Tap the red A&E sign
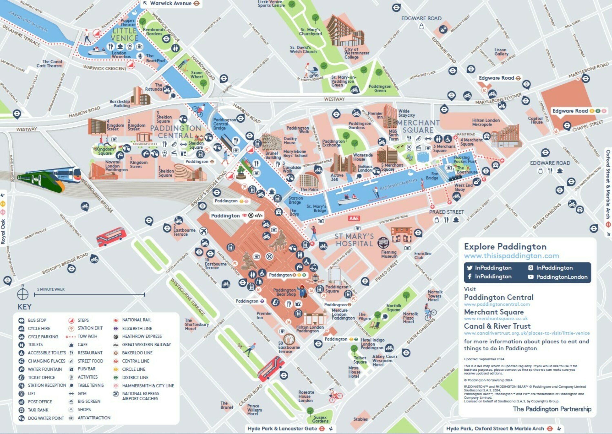[354, 218]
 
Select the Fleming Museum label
[389, 254]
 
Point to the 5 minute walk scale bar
[89, 295]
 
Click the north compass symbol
[23, 294]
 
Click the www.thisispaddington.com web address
[511, 256]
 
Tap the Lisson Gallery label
[501, 52]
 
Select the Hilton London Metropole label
[486, 122]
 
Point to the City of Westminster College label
[356, 53]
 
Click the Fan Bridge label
[432, 176]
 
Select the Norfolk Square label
[393, 308]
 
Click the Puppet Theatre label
[127, 22]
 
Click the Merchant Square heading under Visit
[493, 312]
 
